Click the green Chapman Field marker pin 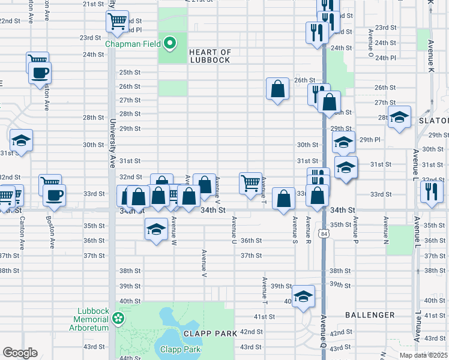pos(170,43)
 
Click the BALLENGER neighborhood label pos(370,314)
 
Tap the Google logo pos(20,353)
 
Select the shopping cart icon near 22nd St pos(117,21)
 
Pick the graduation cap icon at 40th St pos(304,296)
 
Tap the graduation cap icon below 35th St pos(156,229)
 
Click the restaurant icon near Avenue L pos(432,191)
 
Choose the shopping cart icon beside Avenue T pos(250,182)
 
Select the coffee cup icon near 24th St pos(40,73)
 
